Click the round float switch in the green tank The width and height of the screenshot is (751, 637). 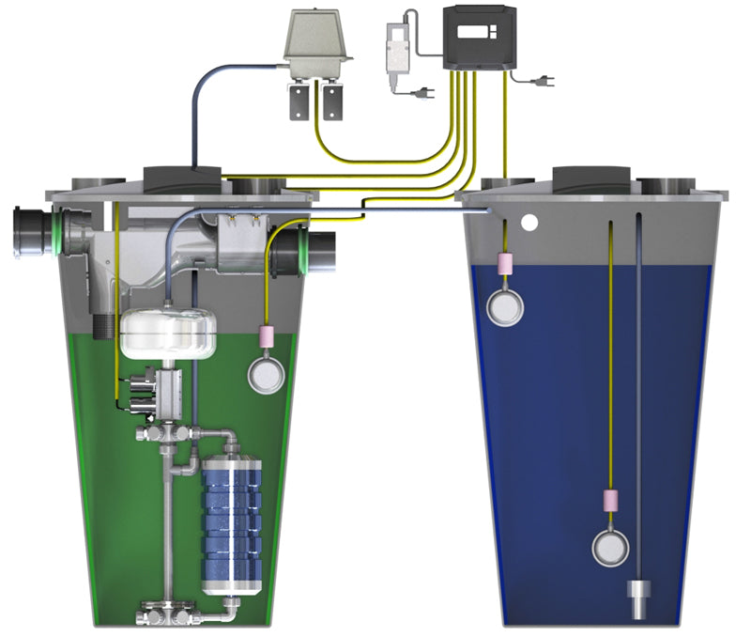pyautogui.click(x=266, y=373)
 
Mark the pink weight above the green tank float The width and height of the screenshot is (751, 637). pyautogui.click(x=266, y=334)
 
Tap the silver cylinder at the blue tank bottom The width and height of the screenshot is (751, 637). pyautogui.click(x=640, y=595)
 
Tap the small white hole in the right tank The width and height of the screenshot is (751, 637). pyautogui.click(x=531, y=225)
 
